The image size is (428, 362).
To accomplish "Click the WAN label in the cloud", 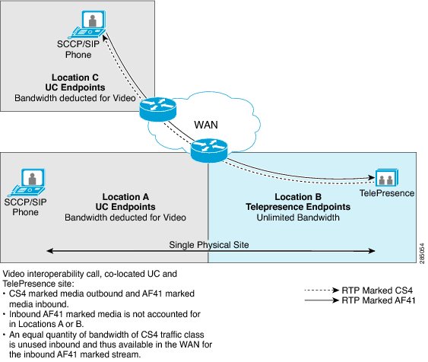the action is pos(206,125).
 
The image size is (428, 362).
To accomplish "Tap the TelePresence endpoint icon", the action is pos(387,178).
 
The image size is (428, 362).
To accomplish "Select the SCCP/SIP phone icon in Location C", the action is pos(87,24).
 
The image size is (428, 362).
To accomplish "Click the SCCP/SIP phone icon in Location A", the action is pos(27,183).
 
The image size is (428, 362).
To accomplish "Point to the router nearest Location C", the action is pos(158,110).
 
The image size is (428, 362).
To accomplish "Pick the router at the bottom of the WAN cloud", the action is pos(209,151).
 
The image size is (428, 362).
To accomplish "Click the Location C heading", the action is pos(75,78).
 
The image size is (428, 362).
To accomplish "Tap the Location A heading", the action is pos(125,197).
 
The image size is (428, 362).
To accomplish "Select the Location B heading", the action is pos(298,197).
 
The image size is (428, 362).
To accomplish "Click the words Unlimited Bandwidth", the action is pos(298,218).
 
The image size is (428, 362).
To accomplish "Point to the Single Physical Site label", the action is pos(209,245).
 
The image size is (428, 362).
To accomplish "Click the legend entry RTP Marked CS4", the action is pos(377,291).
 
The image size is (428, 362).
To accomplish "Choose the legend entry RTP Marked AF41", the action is pos(379,300).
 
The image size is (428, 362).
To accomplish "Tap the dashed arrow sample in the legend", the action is pos(322,291).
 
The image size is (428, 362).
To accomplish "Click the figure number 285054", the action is pos(422,253).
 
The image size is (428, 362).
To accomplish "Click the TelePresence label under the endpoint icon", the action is pos(387,193).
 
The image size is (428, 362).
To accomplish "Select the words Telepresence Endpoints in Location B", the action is pos(298,207).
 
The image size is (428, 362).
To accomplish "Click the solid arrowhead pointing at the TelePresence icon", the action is pos(372,177).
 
